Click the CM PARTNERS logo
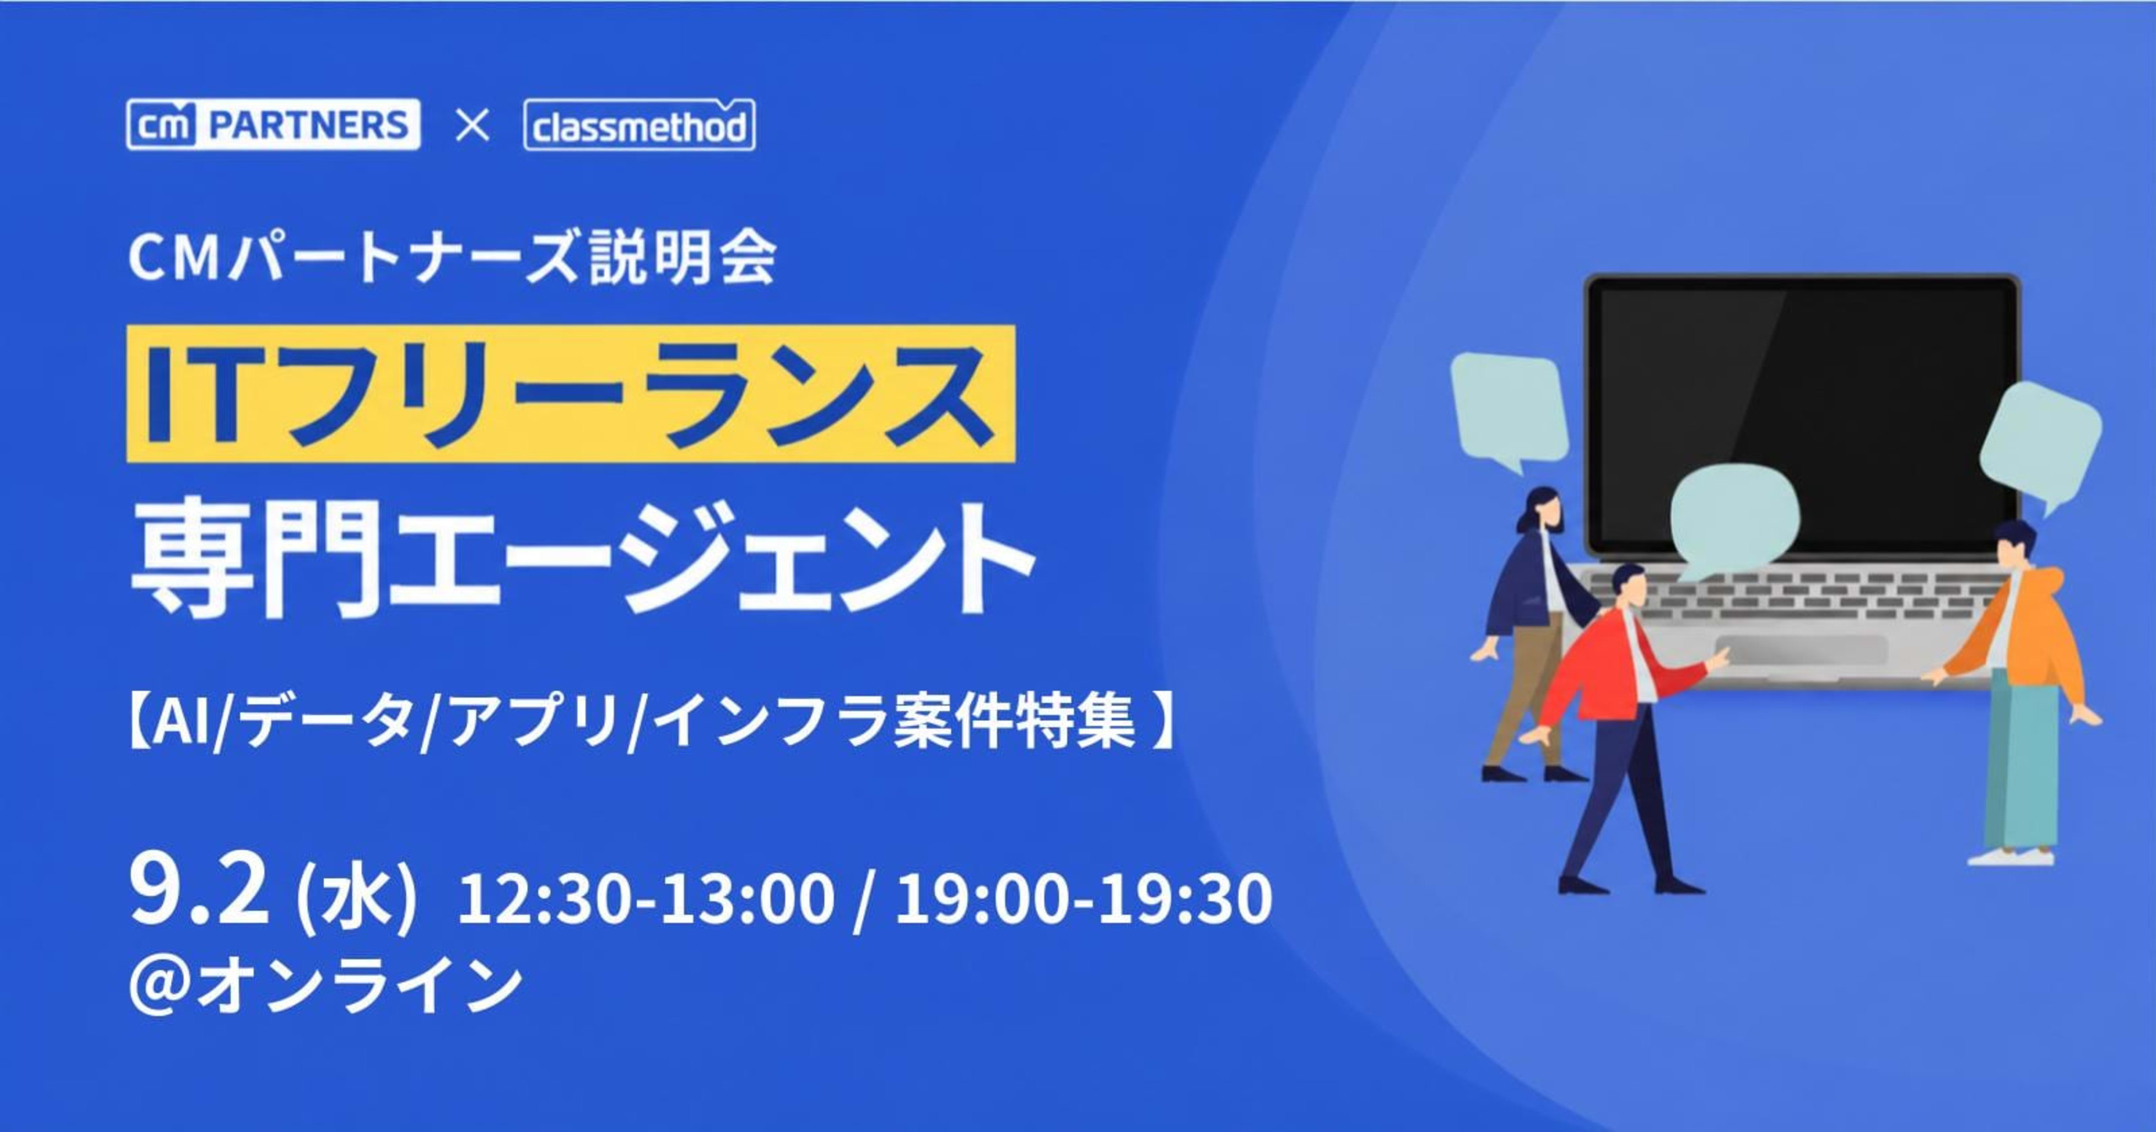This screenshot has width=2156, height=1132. [x=273, y=125]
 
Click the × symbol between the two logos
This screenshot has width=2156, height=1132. [x=472, y=126]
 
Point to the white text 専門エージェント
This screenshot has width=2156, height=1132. [x=582, y=559]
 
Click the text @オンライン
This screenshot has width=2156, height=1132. [x=325, y=987]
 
